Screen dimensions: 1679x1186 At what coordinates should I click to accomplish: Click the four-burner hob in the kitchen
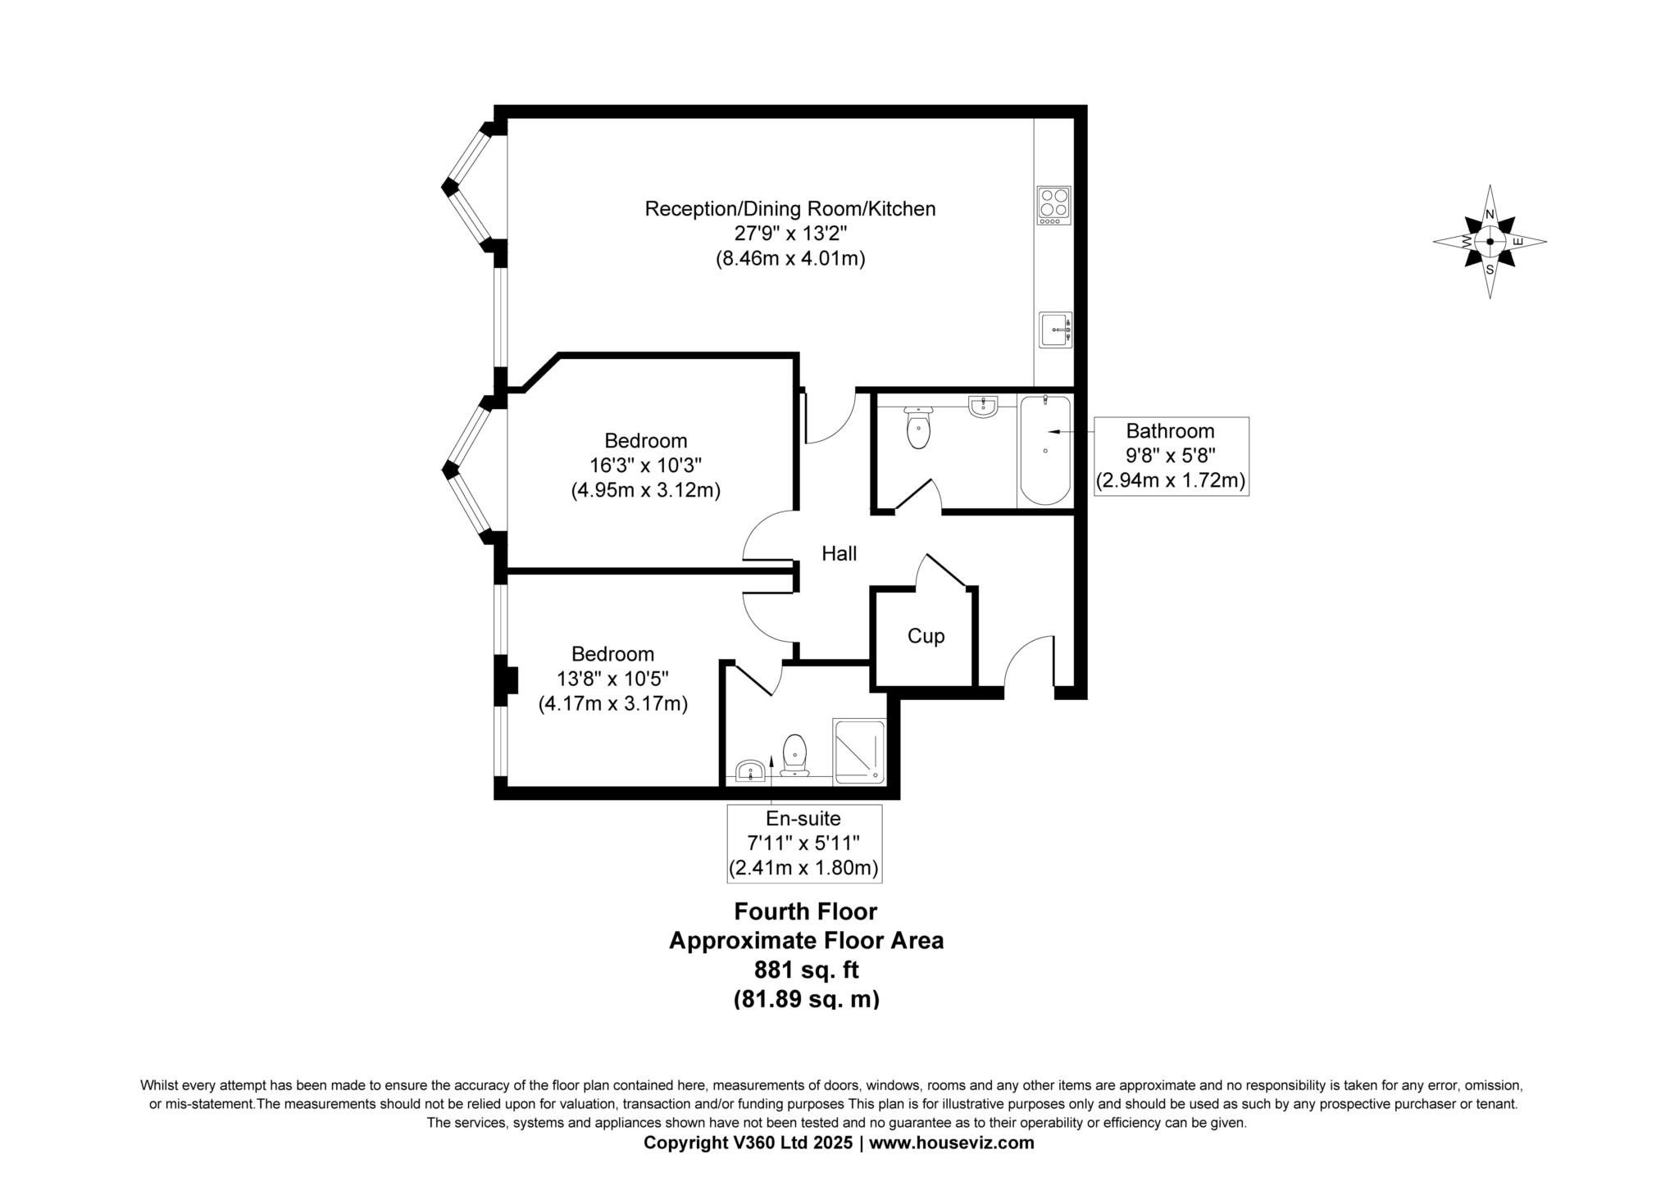click(x=1054, y=206)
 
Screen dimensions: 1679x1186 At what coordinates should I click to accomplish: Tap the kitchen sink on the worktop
click(x=1055, y=330)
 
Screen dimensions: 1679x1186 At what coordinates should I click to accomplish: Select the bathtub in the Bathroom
click(x=1044, y=450)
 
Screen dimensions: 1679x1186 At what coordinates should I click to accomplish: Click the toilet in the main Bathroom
click(x=918, y=427)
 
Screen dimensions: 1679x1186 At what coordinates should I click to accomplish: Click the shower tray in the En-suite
click(x=859, y=751)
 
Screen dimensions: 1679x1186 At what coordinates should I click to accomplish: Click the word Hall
click(x=839, y=554)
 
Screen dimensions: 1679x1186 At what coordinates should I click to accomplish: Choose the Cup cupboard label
click(x=926, y=637)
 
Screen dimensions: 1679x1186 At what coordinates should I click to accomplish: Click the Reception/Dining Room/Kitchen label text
click(x=790, y=209)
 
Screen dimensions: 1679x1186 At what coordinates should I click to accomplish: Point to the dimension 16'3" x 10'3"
click(x=646, y=466)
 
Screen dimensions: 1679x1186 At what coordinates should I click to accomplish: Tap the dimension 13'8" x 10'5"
click(x=613, y=679)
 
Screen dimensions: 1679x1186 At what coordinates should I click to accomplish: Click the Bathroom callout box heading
click(x=1170, y=431)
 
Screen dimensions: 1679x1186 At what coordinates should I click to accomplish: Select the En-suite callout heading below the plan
click(x=803, y=818)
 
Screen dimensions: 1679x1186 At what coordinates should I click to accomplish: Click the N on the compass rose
click(x=1490, y=215)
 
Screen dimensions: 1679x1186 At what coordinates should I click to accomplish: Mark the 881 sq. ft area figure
click(x=806, y=970)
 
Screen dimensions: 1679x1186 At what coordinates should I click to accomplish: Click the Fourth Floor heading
click(x=806, y=911)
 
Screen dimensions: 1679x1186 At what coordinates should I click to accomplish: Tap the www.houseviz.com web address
click(x=952, y=1143)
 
